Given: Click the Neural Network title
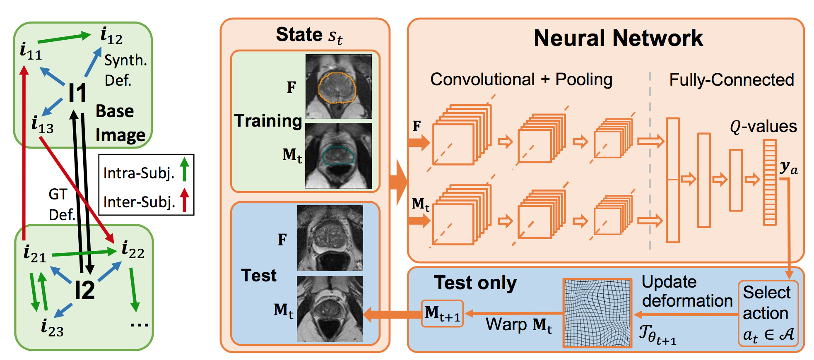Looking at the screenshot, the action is pos(618,38).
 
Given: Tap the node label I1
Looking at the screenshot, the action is pos(77,94).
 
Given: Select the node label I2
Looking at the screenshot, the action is pos(84,290).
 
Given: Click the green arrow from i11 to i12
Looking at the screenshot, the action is pos(64,38).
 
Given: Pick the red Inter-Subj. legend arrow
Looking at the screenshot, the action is pos(185,200).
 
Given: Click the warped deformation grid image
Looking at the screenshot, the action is pos(597,313).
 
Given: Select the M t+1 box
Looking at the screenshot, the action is pos(442,314).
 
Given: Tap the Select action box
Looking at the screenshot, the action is pos(768,314).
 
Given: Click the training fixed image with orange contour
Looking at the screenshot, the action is pos(338,86).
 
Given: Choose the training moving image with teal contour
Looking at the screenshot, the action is pos(338,156).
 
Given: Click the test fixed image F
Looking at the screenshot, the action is pos(330,238).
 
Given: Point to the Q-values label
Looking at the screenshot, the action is pos(763,126).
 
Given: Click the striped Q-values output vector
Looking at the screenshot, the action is pos(769,182).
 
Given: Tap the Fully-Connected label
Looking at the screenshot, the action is pos(731,80).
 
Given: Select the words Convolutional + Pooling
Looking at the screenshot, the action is pos(521,79).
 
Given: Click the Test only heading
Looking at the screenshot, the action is pos(475,283).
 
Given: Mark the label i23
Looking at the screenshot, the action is pos(52,328).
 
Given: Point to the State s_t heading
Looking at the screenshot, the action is pos(309,35).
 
